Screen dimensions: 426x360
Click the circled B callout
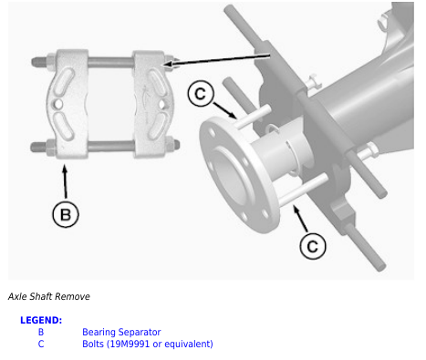pos(66,214)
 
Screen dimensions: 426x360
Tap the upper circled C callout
pos(201,94)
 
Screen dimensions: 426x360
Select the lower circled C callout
pos(313,246)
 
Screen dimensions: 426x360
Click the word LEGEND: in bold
pos(41,320)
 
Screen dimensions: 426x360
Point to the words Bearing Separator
pos(121,332)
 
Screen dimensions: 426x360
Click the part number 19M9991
pos(128,344)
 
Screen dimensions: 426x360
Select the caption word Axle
pos(17,296)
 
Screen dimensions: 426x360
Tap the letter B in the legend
pos(41,332)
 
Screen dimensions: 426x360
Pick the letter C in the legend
pos(41,344)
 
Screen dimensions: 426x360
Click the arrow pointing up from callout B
pos(65,181)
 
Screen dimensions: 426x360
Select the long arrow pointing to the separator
pos(216,60)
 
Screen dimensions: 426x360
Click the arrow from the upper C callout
pos(225,110)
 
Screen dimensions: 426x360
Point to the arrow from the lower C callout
pos(300,218)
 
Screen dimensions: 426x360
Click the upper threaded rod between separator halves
pos(110,63)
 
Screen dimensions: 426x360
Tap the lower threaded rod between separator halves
pos(111,146)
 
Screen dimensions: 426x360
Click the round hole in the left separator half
pos(58,104)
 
